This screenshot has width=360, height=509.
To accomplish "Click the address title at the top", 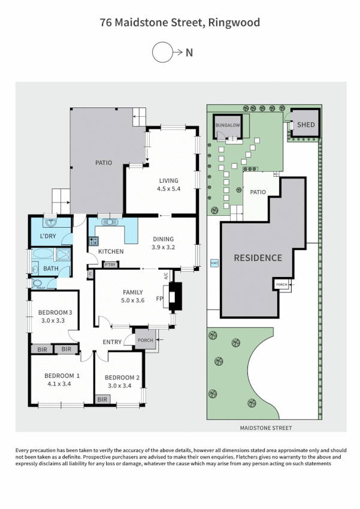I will [180, 23].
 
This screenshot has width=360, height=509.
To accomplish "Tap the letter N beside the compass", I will [189, 53].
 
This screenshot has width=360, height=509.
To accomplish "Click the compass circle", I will [162, 53].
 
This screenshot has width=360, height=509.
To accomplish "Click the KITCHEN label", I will [111, 251].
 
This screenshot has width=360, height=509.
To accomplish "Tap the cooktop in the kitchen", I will [93, 242].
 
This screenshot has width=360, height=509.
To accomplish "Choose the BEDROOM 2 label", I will [122, 381].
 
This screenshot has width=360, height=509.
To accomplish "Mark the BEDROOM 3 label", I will [55, 316].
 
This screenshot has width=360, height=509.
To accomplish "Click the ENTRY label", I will [112, 342].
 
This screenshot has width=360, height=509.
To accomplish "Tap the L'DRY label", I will [48, 236].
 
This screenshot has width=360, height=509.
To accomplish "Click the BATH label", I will [50, 269].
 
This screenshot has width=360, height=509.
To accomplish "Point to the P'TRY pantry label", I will [110, 264].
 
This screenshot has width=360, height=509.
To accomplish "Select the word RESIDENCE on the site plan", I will [258, 258].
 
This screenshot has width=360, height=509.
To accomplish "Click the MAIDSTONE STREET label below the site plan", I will [265, 428].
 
